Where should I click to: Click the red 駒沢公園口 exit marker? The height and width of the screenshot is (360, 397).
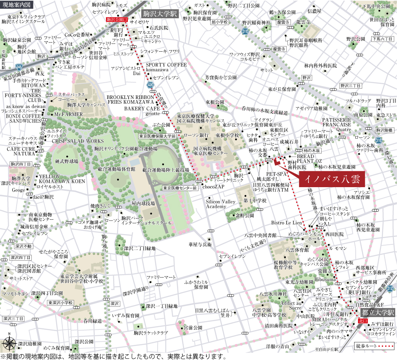117,19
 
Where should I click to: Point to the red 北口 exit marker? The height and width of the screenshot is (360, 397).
362,320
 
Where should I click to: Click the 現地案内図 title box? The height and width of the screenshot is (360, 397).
16,5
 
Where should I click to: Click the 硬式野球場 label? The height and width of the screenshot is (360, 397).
65,161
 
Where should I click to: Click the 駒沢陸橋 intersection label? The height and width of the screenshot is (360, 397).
384,130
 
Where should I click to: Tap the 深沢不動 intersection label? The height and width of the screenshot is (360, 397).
12,246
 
